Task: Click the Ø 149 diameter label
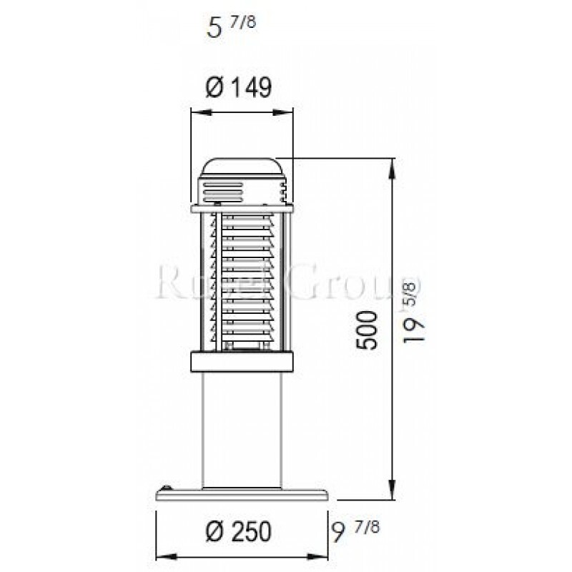(x=240, y=87)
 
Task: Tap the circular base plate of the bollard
(x=243, y=495)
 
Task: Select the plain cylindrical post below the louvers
(x=243, y=429)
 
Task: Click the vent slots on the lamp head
(x=214, y=192)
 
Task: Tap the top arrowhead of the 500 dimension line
(x=393, y=165)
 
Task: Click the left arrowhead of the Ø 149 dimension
(x=194, y=111)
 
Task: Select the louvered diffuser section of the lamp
(x=243, y=279)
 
